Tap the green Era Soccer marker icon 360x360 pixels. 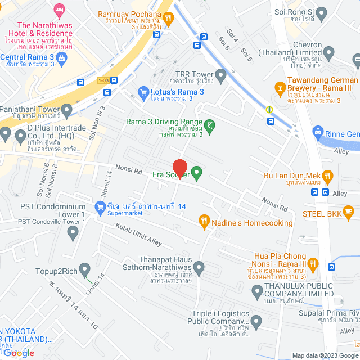197,173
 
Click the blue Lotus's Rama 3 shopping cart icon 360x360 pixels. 143,91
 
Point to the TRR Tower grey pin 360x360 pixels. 221,74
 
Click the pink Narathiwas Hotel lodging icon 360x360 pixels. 59,10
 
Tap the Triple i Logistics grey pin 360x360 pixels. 256,323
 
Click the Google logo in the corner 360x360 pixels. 17,353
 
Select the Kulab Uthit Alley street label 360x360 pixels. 138,235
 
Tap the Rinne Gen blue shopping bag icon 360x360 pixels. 318,133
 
